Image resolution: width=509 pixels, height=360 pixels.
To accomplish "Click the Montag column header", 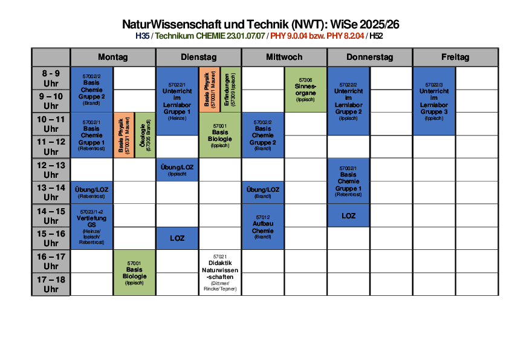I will tap(113, 57).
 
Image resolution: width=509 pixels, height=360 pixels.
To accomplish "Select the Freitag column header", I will tap(455, 57).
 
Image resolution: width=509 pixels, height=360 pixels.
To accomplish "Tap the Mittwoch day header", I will tap(284, 57).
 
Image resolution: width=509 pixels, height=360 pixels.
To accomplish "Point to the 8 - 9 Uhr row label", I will tap(51, 78).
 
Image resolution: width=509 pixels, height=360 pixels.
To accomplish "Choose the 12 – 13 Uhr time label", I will tap(51, 170).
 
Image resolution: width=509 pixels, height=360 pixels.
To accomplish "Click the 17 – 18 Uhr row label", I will tap(51, 284).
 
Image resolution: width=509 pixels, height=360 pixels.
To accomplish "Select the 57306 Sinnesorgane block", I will tap(305, 89).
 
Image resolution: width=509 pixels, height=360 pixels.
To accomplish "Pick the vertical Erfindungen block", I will tap(230, 90).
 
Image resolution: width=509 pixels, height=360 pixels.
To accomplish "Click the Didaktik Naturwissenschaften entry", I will tap(219, 273).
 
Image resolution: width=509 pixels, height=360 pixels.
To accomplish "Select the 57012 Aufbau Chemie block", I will tap(263, 226).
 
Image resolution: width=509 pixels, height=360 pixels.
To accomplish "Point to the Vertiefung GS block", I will tap(92, 227).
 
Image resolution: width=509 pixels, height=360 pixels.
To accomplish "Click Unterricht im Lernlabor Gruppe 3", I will tap(434, 100).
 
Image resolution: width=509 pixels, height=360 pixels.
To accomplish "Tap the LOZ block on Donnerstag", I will tap(348, 216).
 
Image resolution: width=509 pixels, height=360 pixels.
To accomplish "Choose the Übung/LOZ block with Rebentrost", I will tap(92, 192).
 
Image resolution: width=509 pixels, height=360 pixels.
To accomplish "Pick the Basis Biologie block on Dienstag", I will tap(220, 135).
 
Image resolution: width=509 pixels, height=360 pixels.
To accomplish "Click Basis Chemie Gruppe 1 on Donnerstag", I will tap(348, 181).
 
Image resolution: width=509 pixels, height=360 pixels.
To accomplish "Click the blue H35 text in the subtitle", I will tap(143, 36).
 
